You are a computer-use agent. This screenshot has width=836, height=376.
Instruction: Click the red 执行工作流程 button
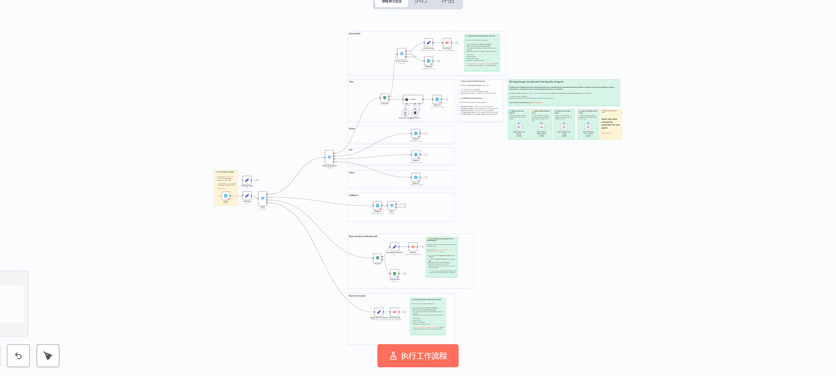[x=418, y=356]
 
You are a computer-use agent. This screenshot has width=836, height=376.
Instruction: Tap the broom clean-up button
[x=48, y=356]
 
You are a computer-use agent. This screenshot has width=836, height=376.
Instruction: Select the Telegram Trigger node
[x=226, y=196]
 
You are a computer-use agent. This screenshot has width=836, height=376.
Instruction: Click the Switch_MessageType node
[x=329, y=157]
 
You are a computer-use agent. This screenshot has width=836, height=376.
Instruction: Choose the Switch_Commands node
[x=402, y=54]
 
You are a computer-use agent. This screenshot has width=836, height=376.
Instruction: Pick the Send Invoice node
[x=447, y=43]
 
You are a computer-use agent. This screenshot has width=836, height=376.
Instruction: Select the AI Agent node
[x=413, y=99]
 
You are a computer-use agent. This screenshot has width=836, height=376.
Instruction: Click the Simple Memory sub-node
[x=415, y=113]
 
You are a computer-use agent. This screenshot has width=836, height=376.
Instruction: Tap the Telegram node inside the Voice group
[x=416, y=177]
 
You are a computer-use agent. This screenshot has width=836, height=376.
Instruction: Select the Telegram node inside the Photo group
[x=416, y=133]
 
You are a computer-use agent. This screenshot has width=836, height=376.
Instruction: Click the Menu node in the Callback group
[x=392, y=205]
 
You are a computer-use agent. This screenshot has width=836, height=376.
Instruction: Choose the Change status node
[x=394, y=274]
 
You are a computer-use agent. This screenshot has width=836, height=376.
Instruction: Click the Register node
[x=413, y=247]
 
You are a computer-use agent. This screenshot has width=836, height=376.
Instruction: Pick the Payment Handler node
[x=394, y=312]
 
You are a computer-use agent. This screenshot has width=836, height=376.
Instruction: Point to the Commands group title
[x=355, y=34]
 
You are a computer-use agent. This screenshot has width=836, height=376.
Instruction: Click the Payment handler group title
[x=357, y=296]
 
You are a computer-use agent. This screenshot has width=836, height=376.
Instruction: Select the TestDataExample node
[x=247, y=180]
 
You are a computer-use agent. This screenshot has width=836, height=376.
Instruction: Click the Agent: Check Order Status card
[x=564, y=124]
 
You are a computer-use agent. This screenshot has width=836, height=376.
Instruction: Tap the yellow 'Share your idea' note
[x=611, y=124]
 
